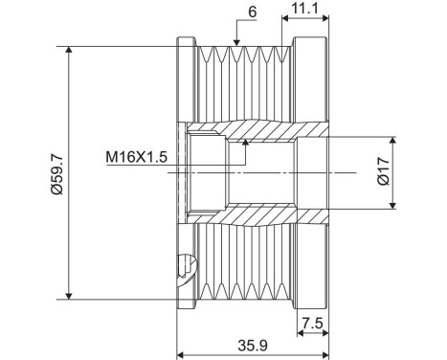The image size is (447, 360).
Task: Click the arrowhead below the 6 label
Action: [236, 41]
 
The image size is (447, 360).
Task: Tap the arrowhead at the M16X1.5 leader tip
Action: [245, 142]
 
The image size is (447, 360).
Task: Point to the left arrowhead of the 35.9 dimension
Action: [183, 335]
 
